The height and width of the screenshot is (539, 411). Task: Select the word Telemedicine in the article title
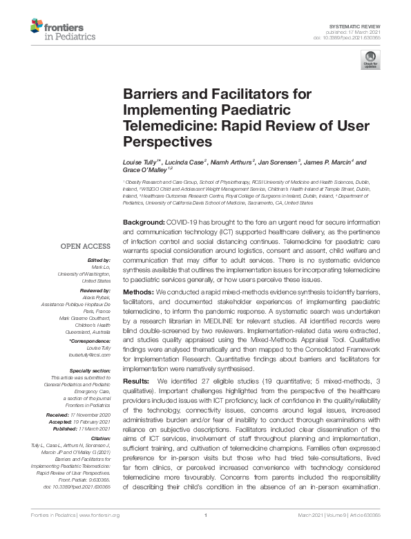(x=160, y=125)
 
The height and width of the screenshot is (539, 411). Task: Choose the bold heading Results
(x=137, y=381)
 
